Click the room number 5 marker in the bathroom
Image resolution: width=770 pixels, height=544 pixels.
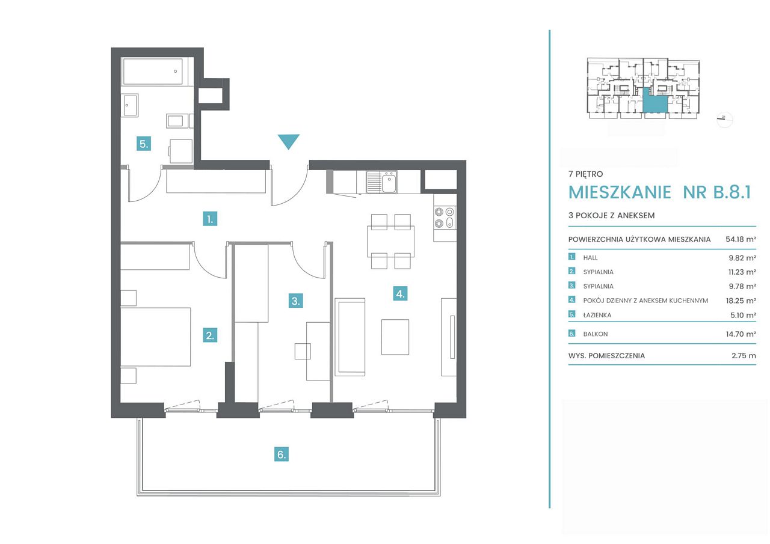(144, 144)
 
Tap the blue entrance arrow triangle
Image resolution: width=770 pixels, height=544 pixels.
(288, 141)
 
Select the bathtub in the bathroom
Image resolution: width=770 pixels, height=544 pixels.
(153, 72)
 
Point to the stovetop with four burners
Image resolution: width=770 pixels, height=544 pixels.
(445, 217)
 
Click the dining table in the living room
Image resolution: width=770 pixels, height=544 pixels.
(390, 241)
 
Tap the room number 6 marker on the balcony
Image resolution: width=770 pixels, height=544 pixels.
(281, 454)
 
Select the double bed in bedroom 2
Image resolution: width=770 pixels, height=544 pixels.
(155, 337)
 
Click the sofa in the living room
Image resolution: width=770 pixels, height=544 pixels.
(350, 337)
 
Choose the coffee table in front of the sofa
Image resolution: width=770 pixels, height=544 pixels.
(395, 337)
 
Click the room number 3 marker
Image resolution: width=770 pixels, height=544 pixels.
(295, 301)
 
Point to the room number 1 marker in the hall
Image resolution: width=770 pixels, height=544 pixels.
(210, 219)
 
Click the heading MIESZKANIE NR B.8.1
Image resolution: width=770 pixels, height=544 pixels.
(659, 192)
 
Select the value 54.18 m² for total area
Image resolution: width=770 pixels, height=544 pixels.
(741, 239)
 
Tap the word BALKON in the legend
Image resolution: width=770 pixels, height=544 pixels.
(596, 334)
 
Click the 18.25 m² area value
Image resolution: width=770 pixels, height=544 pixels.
(741, 301)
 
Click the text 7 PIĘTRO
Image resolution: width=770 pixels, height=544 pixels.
(585, 174)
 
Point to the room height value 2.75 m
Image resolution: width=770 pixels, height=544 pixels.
(744, 355)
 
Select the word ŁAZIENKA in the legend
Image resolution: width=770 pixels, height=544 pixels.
(597, 315)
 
